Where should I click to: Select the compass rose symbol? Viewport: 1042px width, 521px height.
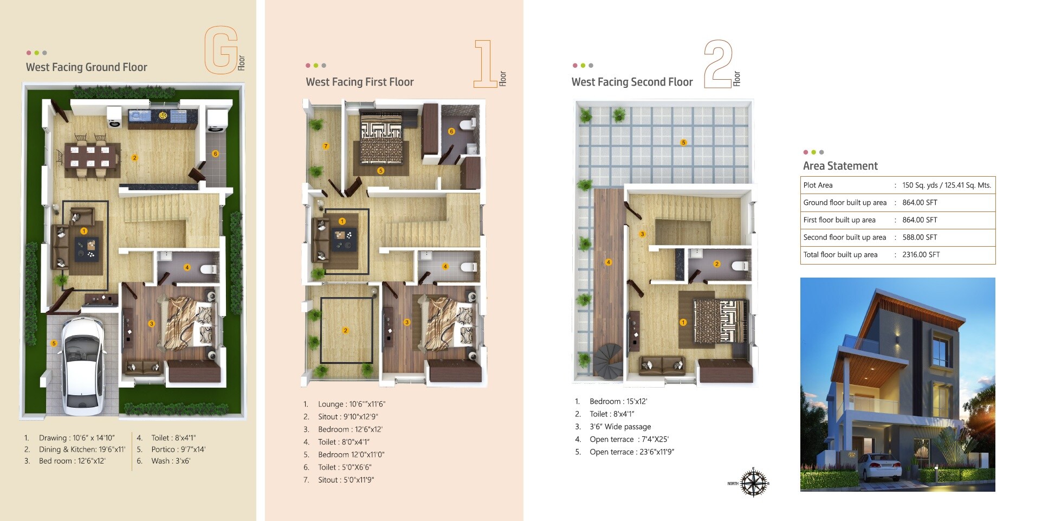pos(754,482)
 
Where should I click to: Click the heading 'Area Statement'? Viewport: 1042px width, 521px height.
pos(840,166)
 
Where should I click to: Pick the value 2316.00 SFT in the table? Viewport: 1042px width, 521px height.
pos(921,255)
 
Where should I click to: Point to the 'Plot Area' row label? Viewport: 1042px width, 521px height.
pos(818,185)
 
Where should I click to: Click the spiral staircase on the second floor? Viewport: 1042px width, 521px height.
pos(609,361)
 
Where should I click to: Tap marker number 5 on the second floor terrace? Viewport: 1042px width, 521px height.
pos(683,143)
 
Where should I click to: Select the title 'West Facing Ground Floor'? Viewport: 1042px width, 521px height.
pos(87,67)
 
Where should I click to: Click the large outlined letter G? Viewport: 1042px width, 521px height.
pos(221,50)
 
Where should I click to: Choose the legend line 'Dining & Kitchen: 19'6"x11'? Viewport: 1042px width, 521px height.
pos(82,449)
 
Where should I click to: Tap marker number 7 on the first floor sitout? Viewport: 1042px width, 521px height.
pos(326,146)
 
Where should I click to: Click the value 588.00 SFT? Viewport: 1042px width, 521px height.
pos(920,237)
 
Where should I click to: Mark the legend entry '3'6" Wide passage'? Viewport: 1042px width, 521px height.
pos(620,427)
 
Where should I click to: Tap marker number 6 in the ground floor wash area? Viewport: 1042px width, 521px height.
pos(215,154)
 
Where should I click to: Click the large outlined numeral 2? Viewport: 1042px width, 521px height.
pos(718,63)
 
